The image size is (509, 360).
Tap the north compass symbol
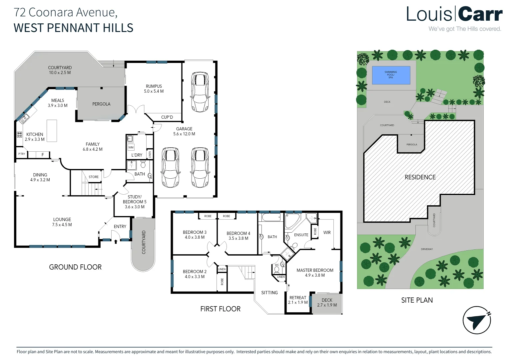coord(477,320)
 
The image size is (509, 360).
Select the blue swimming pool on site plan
coord(391,75)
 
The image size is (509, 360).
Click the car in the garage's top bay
coord(200,91)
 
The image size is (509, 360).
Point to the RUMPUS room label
coord(154,86)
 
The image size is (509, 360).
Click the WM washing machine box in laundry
coord(131,147)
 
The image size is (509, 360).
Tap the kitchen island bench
coord(52,131)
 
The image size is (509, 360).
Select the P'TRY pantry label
coord(22,154)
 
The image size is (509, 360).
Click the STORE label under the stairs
coord(94,177)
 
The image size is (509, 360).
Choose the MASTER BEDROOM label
coord(315,270)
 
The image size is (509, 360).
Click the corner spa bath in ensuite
coord(292,220)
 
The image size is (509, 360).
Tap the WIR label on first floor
coord(327,233)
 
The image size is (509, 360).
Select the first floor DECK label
coord(327,300)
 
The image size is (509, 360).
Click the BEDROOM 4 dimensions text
coord(238,238)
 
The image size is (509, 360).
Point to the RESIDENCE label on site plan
coord(420,177)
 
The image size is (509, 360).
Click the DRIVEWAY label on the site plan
coord(427,249)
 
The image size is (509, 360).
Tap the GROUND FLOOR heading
coord(75,267)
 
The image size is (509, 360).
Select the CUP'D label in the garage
coord(167,117)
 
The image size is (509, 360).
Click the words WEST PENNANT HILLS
coord(73,28)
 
